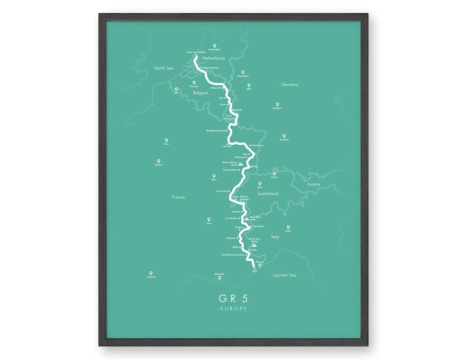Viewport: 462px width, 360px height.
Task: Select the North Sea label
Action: pos(164,68)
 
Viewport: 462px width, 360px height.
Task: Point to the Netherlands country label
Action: pos(213,59)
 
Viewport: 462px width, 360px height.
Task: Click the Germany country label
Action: pos(289,84)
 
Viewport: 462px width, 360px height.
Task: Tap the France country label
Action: pos(178,197)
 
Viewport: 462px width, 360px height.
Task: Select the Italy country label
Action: pos(275,237)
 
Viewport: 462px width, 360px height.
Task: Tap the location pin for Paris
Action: pos(166,141)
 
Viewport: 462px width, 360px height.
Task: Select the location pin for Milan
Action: pos(288,227)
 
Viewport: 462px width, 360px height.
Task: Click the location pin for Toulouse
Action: pos(151,273)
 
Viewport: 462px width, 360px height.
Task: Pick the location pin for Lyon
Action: pos(209,219)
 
